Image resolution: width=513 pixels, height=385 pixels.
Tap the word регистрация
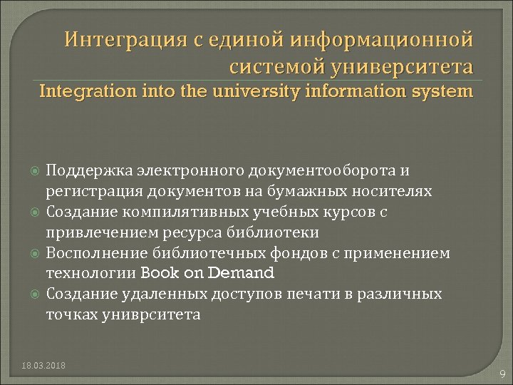(x=93, y=191)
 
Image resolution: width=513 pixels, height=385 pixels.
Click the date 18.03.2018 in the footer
(x=43, y=366)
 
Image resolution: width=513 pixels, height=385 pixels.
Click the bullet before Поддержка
(x=36, y=172)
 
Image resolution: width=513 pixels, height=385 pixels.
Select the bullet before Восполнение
(x=36, y=253)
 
